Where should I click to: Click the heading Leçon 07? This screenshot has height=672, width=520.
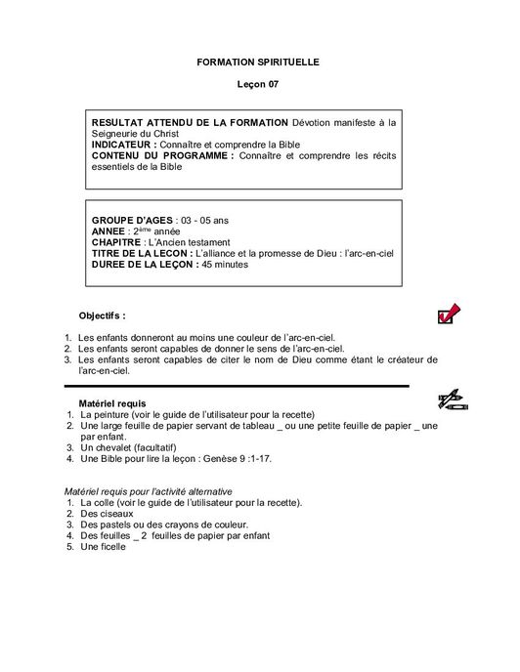[x=258, y=85]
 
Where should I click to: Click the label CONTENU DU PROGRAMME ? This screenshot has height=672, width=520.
[x=163, y=155]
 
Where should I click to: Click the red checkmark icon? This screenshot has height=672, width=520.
[x=449, y=315]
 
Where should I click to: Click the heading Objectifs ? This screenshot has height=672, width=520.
[x=102, y=315]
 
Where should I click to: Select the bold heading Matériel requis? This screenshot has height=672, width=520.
[x=118, y=403]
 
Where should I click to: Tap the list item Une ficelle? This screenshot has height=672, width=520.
[x=106, y=546]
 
